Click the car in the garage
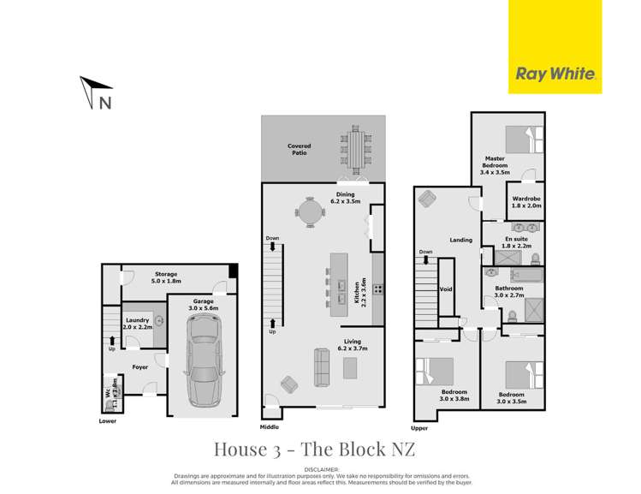pos(203,360)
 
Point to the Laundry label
pos(136,323)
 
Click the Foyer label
pos(140,366)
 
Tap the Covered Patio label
pos(299,149)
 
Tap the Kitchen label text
pos(357,291)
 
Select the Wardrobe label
pos(525,202)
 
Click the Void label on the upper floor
pos(445,289)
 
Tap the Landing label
pos(460,241)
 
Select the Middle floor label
pos(270,426)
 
